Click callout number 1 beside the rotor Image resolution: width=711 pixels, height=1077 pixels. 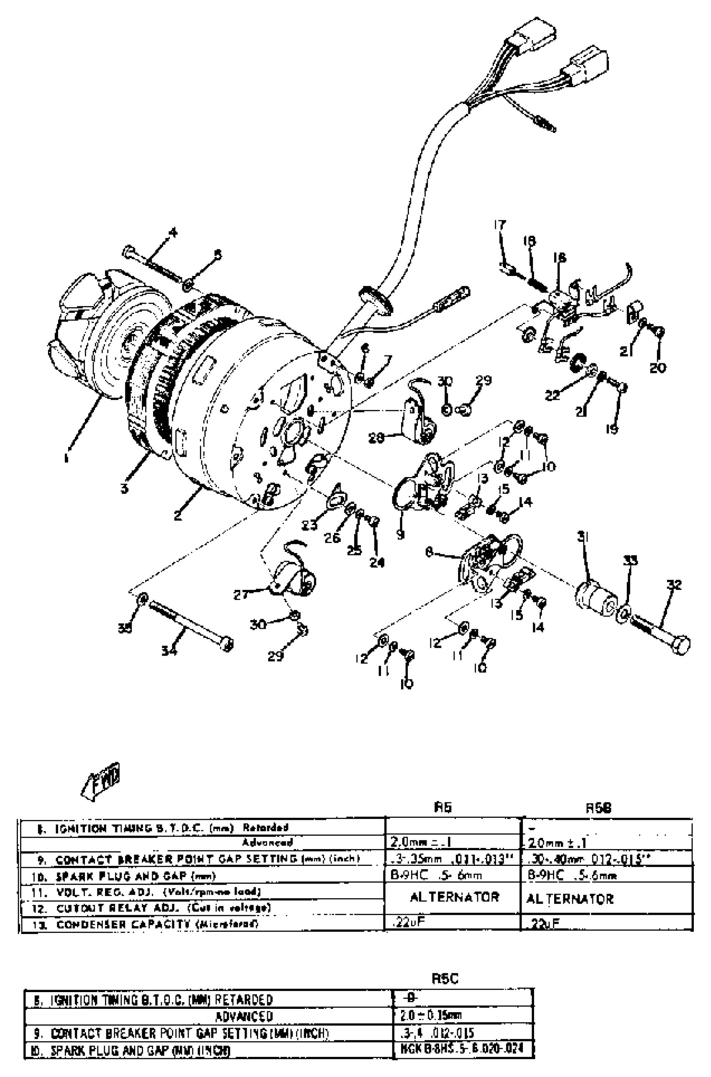66,458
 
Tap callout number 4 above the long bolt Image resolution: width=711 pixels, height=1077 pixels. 172,233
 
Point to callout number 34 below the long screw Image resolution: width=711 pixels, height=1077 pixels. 169,651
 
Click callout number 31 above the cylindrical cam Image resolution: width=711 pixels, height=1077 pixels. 583,538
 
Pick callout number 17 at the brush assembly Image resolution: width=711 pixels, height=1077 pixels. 500,225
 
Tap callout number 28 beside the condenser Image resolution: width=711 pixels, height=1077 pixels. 376,438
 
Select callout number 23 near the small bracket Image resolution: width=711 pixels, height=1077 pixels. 309,526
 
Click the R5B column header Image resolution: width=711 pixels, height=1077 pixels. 598,808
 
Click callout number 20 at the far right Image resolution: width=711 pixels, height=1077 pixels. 657,368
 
